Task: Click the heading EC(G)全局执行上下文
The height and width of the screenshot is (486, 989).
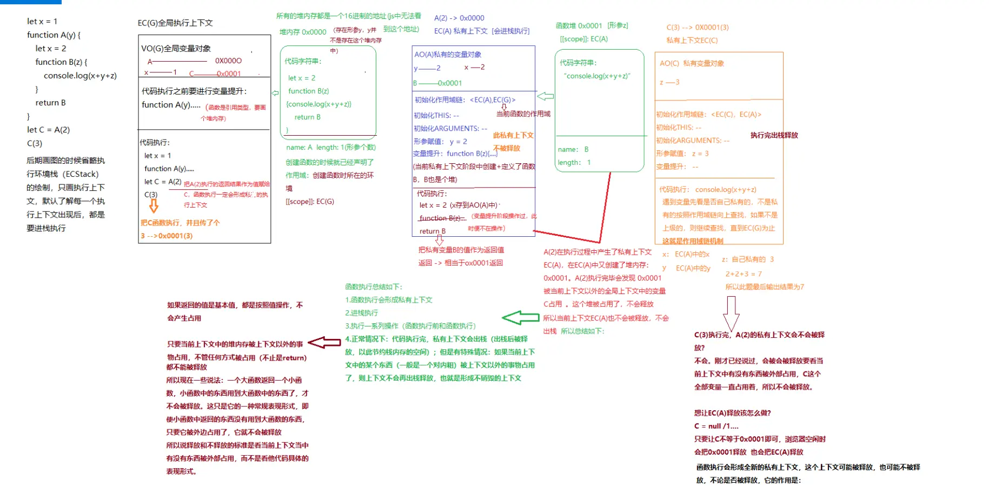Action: [x=175, y=23]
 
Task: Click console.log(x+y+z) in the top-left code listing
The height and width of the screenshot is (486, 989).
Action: [x=80, y=76]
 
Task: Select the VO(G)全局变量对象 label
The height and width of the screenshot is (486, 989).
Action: [x=176, y=49]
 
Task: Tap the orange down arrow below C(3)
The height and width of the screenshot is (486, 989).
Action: [x=154, y=206]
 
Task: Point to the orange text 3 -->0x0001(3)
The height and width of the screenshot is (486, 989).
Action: [x=167, y=236]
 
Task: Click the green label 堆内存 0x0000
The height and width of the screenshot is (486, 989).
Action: [x=303, y=32]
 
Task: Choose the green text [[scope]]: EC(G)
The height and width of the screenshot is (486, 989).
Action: [x=310, y=202]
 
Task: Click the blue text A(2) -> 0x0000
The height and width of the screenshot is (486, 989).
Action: [x=459, y=18]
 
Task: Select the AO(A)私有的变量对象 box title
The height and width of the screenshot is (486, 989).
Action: [x=448, y=55]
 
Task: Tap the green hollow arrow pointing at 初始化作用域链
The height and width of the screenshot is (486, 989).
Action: [x=545, y=96]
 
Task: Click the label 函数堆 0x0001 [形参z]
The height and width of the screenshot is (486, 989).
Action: [x=592, y=25]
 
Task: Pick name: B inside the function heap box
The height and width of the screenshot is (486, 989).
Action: [x=573, y=149]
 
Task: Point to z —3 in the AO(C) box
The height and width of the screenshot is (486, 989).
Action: [x=669, y=82]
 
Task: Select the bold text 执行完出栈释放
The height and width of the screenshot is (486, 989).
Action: [x=774, y=135]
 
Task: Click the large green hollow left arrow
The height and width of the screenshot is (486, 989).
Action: [x=520, y=318]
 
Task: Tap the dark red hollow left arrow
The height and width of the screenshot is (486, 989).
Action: [x=324, y=342]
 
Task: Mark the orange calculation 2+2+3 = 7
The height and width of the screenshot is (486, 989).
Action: [x=744, y=274]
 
